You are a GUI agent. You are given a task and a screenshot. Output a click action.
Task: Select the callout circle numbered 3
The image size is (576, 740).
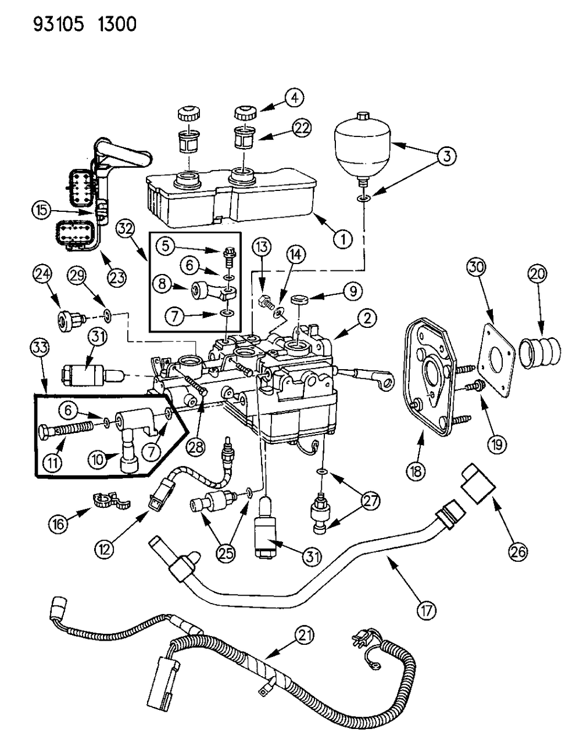pos(448,156)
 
